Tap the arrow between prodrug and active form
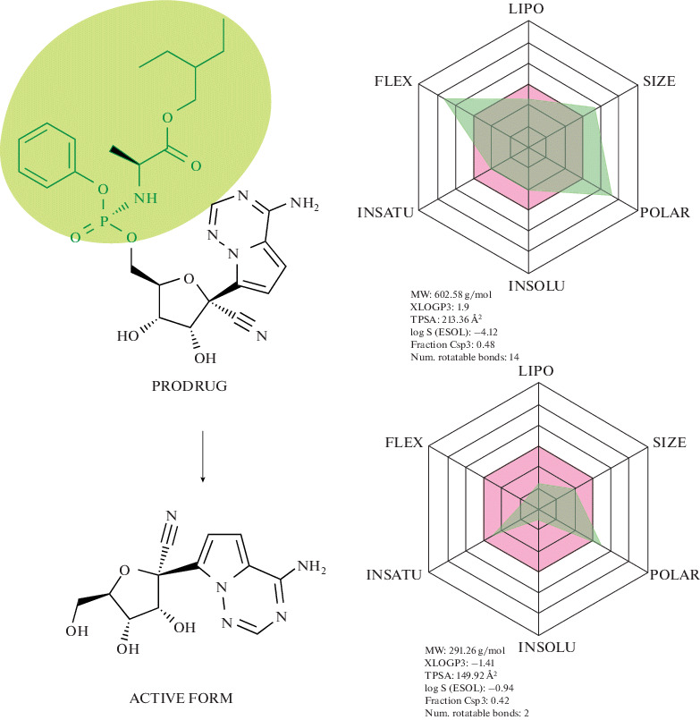pos(205,456)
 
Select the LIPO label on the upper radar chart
pos(531,10)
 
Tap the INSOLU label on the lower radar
pos(531,646)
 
